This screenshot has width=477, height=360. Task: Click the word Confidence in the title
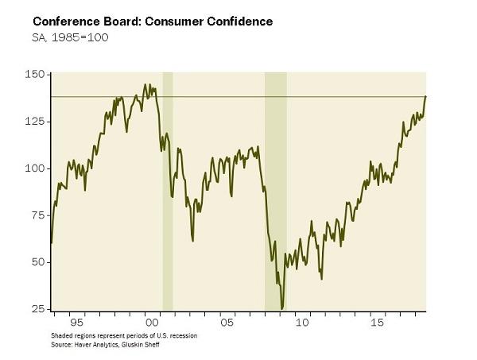[237, 21]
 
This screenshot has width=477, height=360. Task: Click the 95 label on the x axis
[76, 323]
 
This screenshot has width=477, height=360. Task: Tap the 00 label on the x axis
[151, 323]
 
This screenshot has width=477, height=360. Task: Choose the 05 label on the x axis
[227, 323]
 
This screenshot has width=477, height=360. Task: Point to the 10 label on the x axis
[302, 323]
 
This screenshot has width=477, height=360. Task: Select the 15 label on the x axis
[377, 323]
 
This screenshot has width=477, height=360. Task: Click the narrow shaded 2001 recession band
[168, 191]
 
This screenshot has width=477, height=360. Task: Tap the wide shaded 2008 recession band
[276, 191]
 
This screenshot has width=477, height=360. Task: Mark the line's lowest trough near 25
[282, 308]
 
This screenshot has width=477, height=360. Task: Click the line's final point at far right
[426, 96]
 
